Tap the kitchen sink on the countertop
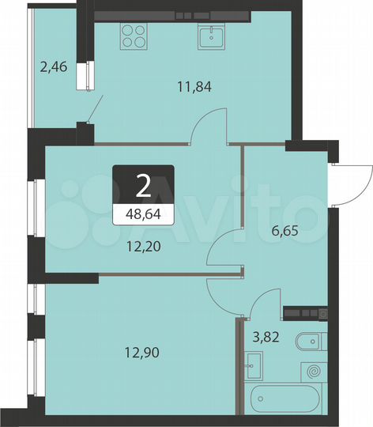coord(212,36)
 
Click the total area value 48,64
coord(143,213)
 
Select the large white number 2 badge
coord(143,186)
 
